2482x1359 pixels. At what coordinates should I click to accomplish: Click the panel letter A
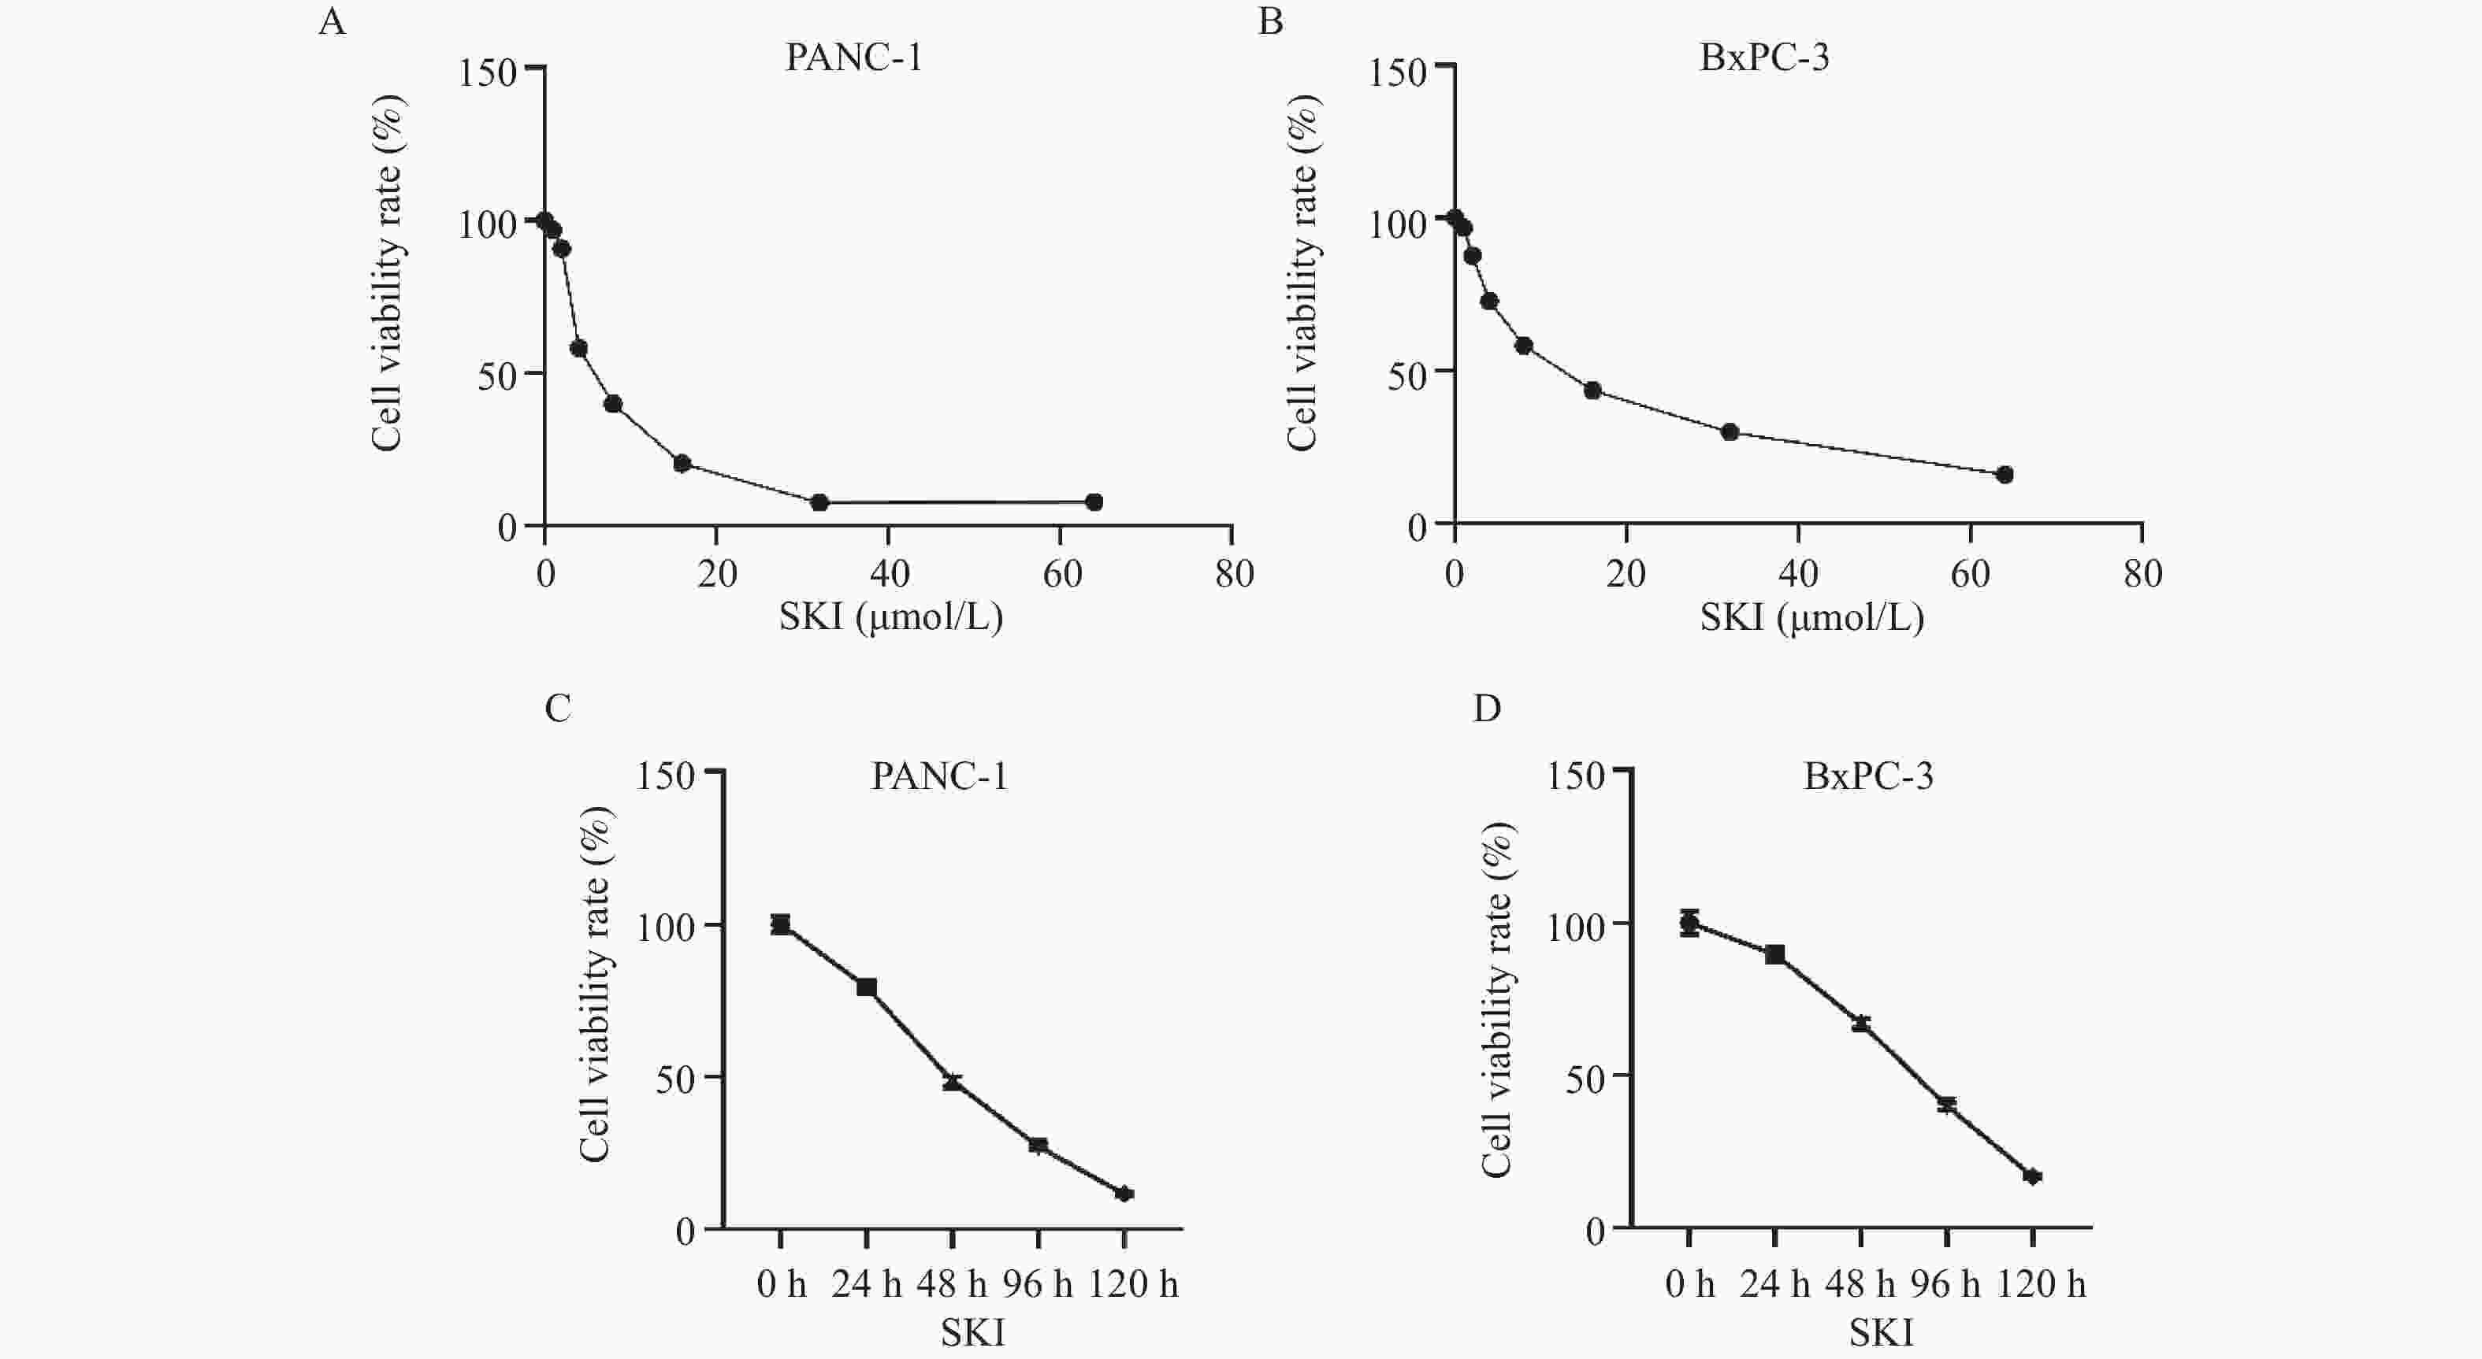(332, 21)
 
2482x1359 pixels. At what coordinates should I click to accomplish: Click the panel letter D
(1487, 709)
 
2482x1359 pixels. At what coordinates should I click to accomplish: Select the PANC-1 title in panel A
(853, 57)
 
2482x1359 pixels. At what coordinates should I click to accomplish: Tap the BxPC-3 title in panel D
(1868, 776)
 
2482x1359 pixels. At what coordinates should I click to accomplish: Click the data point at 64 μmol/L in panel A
(1094, 502)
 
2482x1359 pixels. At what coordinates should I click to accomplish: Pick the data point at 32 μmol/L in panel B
(1730, 431)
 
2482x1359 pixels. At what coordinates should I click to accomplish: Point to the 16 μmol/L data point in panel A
(682, 463)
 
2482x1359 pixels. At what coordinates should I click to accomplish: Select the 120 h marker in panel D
(2033, 1176)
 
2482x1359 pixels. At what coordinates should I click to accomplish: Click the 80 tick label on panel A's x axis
(1234, 574)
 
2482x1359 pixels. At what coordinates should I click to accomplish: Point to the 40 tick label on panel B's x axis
(1798, 574)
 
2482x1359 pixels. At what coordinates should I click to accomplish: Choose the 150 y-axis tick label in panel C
(665, 776)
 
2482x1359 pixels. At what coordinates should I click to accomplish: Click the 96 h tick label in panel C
(1037, 1284)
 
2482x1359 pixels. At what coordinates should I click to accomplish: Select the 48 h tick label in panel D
(1860, 1284)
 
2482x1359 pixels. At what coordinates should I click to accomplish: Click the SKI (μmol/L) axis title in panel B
(1811, 617)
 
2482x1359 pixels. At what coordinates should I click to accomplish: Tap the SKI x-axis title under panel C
(972, 1333)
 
